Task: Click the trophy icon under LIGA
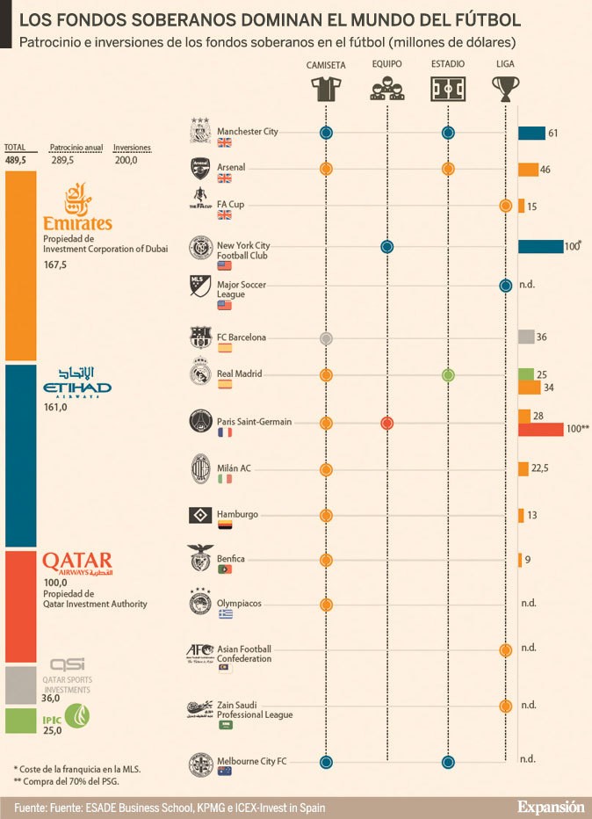(505, 88)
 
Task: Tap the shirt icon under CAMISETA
(326, 88)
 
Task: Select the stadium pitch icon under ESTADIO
(448, 88)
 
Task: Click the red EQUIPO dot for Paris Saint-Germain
(386, 423)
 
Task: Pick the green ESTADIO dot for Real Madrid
(448, 375)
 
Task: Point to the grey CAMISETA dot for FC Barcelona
(326, 337)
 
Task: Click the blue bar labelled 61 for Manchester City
(531, 133)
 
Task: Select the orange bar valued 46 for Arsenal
(528, 170)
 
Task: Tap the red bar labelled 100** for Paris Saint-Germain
(540, 429)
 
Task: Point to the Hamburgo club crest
(200, 515)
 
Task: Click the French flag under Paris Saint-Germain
(224, 433)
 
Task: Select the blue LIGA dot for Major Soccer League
(505, 285)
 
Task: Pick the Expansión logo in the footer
(550, 806)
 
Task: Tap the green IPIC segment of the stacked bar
(20, 721)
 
